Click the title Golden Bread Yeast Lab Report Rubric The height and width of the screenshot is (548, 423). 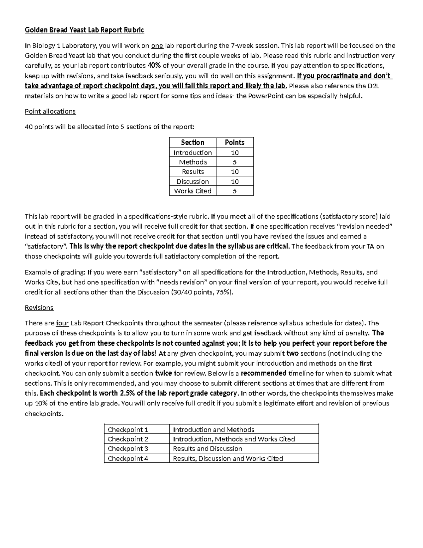(x=84, y=30)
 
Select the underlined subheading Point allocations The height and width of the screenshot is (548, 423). (x=50, y=111)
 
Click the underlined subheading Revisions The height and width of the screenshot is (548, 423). (x=39, y=307)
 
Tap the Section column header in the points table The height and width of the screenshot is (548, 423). (x=192, y=142)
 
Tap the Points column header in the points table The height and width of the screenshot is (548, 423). (x=234, y=142)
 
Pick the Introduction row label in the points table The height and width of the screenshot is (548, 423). (x=192, y=152)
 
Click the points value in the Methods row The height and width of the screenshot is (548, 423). (x=235, y=162)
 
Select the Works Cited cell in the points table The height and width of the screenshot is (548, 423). (x=192, y=191)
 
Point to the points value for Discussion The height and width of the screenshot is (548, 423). (x=235, y=181)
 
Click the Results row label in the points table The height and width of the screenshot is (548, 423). (x=192, y=171)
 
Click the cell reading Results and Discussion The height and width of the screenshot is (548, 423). (x=208, y=448)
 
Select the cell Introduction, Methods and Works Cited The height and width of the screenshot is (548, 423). (x=234, y=439)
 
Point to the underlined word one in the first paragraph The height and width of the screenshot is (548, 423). (x=157, y=46)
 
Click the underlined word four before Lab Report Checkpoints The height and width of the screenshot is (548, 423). (x=62, y=323)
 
